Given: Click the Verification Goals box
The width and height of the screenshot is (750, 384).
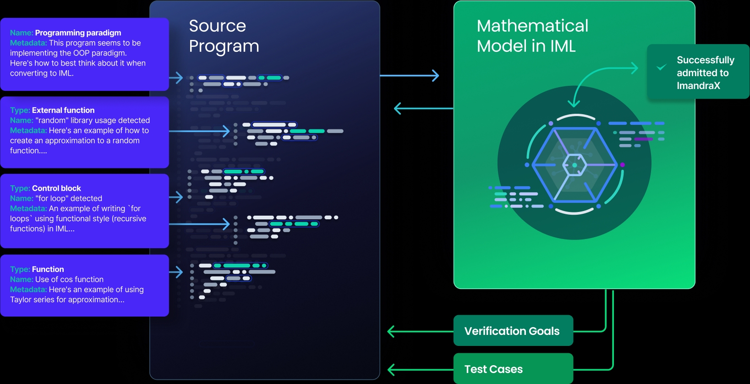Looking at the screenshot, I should click(x=513, y=331).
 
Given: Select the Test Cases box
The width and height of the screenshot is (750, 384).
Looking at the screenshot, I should click(x=513, y=369).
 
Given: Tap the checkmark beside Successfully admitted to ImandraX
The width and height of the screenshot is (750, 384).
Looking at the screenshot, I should click(x=661, y=67).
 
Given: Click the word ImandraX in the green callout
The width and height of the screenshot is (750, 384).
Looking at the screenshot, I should click(x=698, y=86).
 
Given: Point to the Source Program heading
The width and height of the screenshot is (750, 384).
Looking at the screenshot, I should click(x=224, y=36).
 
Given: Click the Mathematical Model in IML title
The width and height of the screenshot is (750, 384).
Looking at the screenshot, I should click(x=532, y=36).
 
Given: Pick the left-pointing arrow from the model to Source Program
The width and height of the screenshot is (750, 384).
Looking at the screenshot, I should click(x=422, y=109).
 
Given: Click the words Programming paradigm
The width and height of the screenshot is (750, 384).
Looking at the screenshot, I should click(x=78, y=33).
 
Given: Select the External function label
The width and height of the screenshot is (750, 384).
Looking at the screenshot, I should click(x=63, y=111).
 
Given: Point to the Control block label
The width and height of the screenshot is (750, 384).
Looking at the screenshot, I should click(x=56, y=189).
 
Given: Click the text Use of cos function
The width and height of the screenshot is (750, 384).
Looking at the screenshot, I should click(x=69, y=279).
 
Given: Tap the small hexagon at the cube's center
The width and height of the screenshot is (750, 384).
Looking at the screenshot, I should click(x=575, y=165).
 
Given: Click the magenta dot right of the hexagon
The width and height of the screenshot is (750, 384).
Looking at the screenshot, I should click(x=622, y=165).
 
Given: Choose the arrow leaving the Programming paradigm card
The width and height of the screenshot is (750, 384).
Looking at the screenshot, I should click(x=176, y=78).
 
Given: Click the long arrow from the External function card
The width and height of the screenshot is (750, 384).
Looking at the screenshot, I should click(x=199, y=131).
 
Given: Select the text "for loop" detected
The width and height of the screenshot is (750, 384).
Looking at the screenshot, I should click(x=69, y=199).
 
